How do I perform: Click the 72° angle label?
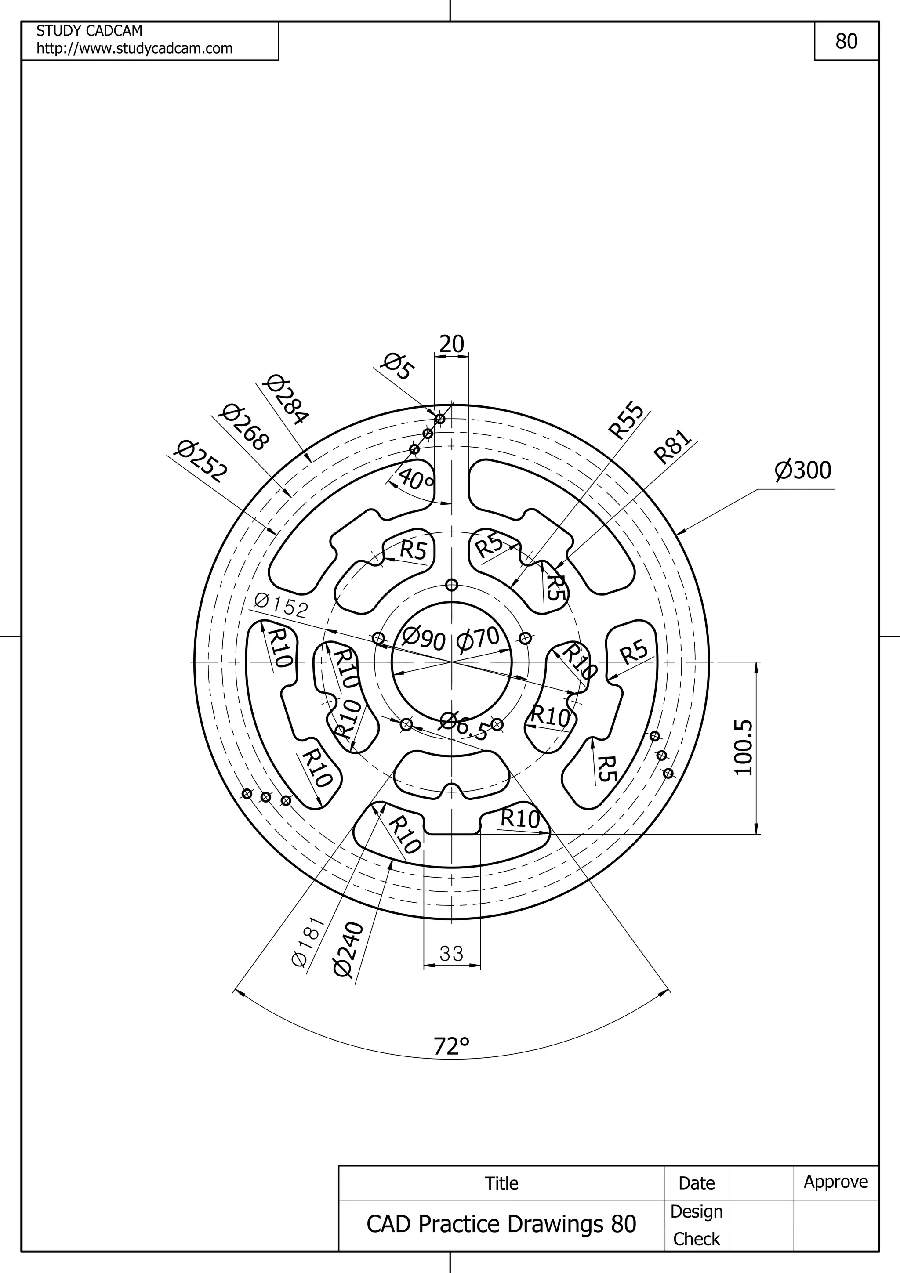pos(451,1046)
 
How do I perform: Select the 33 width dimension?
pos(451,954)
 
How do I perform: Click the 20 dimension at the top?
pos(451,344)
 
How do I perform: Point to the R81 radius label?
pos(673,446)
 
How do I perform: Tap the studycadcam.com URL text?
pos(134,49)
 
